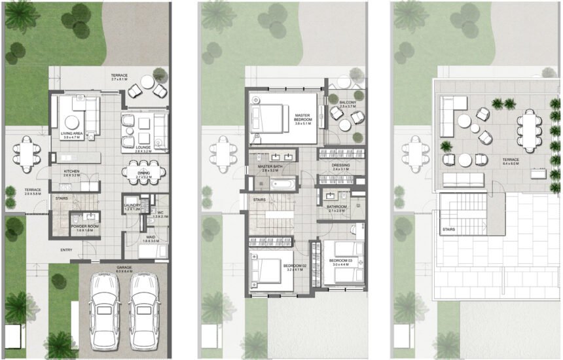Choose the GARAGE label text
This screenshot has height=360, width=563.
click(124, 267)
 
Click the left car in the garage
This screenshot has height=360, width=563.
click(103, 303)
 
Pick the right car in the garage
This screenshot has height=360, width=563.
click(144, 303)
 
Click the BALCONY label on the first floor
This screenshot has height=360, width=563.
click(347, 103)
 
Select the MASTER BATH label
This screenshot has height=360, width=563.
click(270, 166)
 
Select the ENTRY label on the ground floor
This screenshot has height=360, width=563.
click(67, 249)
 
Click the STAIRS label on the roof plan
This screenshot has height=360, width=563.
click(449, 230)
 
